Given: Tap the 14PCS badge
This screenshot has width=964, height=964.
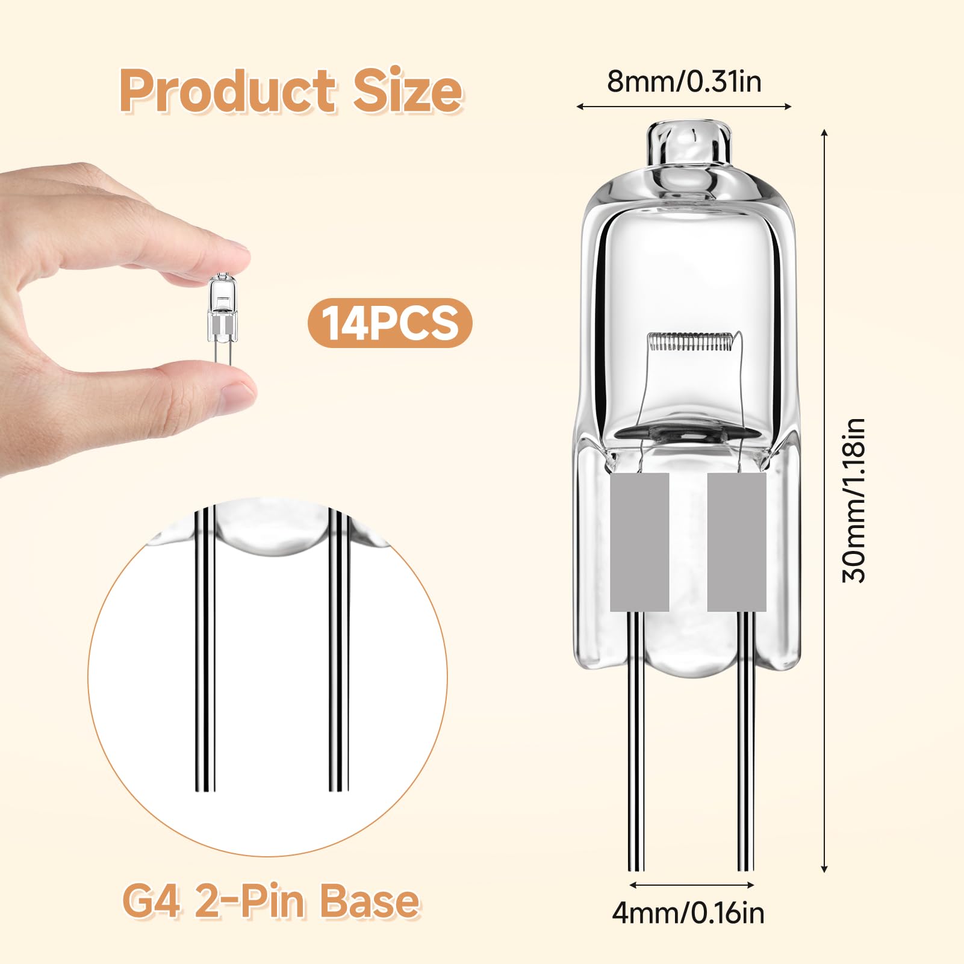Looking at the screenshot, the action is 390,323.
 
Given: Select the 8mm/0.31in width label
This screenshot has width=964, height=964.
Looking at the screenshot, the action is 684,81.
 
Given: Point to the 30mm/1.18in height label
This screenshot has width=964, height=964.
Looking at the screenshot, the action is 853,500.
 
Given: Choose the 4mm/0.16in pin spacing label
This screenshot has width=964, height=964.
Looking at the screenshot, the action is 688,912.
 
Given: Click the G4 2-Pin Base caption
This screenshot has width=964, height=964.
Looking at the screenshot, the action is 270,901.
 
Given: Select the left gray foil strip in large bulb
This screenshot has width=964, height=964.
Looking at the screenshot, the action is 639,542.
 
